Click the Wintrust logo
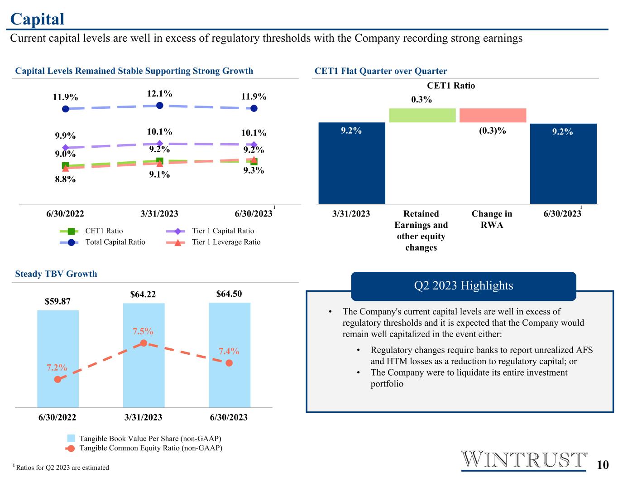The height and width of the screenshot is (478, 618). [x=524, y=460]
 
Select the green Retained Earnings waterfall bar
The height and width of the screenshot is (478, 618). [x=422, y=115]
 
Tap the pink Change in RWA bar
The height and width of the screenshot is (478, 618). [x=493, y=115]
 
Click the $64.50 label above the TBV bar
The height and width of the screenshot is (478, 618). [x=229, y=294]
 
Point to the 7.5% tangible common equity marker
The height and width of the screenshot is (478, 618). [x=144, y=343]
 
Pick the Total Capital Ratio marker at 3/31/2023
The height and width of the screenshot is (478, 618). [x=159, y=106]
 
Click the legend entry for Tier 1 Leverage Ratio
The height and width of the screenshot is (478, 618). [x=213, y=242]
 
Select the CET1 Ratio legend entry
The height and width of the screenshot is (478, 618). [x=91, y=231]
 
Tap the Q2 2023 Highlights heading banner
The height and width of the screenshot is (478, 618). [x=463, y=286]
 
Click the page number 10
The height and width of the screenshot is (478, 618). [x=603, y=464]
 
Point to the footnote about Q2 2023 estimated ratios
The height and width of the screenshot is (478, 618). [x=61, y=467]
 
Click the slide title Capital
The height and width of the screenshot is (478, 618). [x=37, y=19]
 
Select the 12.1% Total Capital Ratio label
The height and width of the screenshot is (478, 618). [x=159, y=93]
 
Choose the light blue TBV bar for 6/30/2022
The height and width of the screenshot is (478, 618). [x=58, y=359]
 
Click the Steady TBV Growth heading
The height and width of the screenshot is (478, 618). [x=56, y=274]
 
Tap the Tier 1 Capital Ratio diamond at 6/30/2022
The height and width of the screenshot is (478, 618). [x=65, y=147]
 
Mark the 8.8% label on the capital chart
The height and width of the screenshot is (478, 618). [x=65, y=179]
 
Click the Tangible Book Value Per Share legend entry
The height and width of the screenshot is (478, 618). [x=144, y=438]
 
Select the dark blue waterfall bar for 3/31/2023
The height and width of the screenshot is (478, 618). [x=351, y=163]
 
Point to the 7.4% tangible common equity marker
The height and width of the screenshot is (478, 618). [x=229, y=363]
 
